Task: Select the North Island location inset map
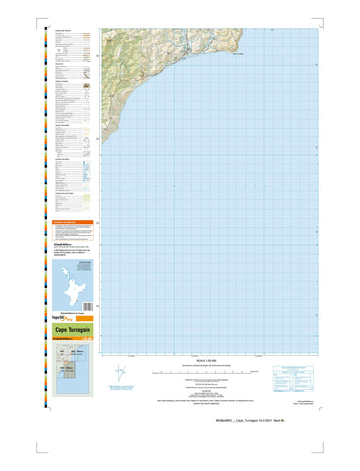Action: click(x=71, y=282)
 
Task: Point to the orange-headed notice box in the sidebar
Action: click(x=72, y=234)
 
